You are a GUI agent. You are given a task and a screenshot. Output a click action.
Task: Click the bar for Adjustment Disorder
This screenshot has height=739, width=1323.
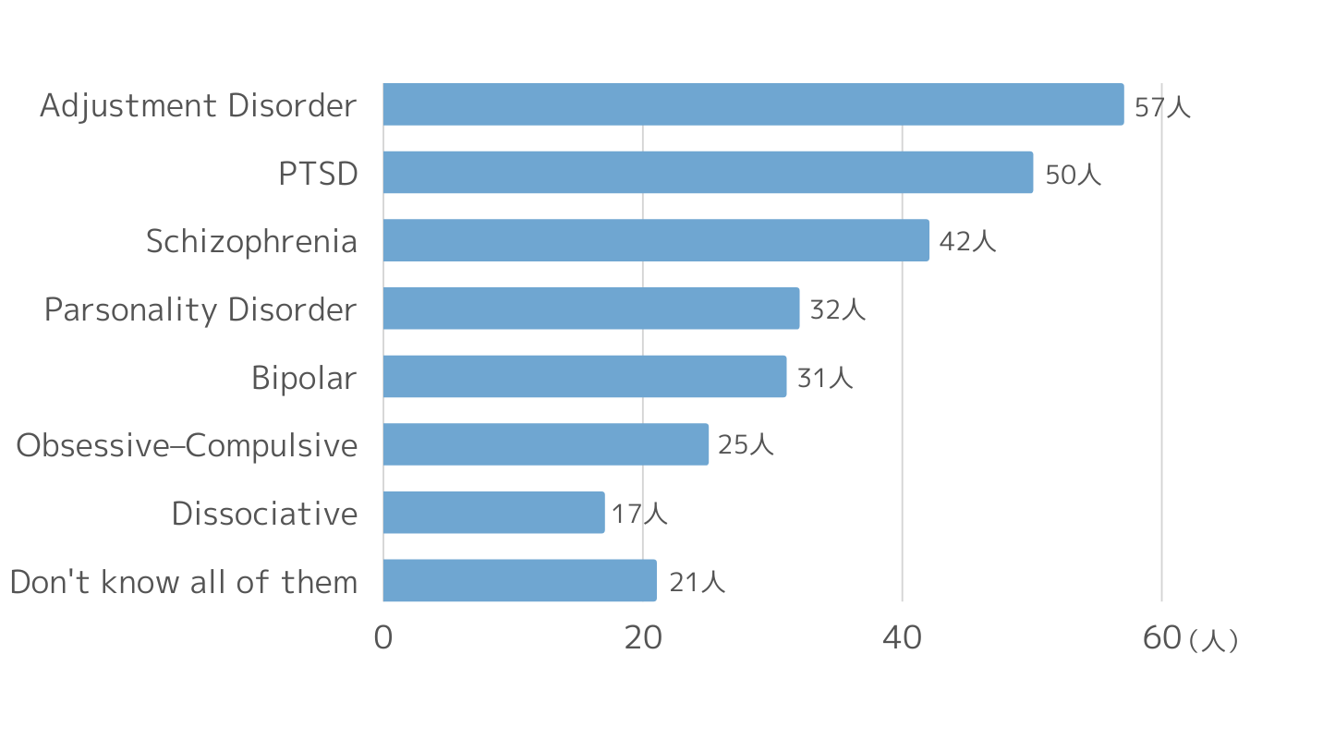[x=753, y=104]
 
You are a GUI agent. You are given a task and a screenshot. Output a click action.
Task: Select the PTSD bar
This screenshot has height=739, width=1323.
[x=709, y=173]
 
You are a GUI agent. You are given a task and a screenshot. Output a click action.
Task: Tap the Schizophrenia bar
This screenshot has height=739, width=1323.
[x=656, y=240]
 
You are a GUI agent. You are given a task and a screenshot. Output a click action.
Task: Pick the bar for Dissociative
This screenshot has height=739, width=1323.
[x=493, y=513]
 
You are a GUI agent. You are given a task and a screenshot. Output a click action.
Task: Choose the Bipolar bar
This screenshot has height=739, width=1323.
[x=585, y=376]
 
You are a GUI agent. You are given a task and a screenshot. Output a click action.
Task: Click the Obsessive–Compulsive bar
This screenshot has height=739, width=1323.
[x=546, y=444]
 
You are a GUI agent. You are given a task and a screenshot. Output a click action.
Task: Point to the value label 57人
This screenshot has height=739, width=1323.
[x=1162, y=107]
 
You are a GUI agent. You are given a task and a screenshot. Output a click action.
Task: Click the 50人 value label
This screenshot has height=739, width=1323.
[x=1074, y=175]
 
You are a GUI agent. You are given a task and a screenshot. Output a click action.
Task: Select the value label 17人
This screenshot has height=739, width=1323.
[x=639, y=514]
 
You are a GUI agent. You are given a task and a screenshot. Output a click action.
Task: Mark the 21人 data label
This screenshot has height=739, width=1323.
[x=697, y=583]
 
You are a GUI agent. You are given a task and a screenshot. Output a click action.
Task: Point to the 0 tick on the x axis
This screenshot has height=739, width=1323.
[x=383, y=638]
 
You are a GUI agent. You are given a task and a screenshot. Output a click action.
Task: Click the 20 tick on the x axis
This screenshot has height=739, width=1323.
[x=643, y=638]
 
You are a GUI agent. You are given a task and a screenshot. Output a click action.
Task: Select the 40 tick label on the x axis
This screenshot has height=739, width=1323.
[x=902, y=638]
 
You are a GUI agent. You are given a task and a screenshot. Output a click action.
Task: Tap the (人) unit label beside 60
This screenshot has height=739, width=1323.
[x=1213, y=641]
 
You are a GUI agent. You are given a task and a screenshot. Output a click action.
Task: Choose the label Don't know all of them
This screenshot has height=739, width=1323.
[x=184, y=581]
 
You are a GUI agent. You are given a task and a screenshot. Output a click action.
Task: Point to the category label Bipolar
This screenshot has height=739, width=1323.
[x=304, y=378]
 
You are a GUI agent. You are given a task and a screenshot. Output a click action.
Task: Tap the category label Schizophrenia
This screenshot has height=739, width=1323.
[x=251, y=242]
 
